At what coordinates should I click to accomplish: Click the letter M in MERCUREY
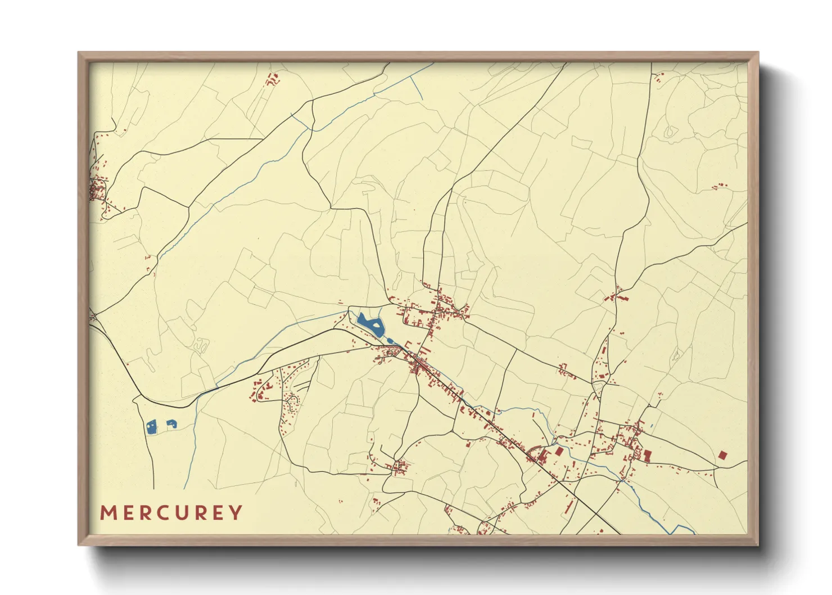point(107,513)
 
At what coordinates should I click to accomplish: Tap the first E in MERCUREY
point(127,513)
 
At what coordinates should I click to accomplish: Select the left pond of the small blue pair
point(151,428)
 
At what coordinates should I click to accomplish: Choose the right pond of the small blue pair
point(171,424)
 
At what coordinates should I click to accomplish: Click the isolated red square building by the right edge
point(722,454)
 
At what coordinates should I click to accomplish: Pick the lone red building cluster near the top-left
point(273,79)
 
